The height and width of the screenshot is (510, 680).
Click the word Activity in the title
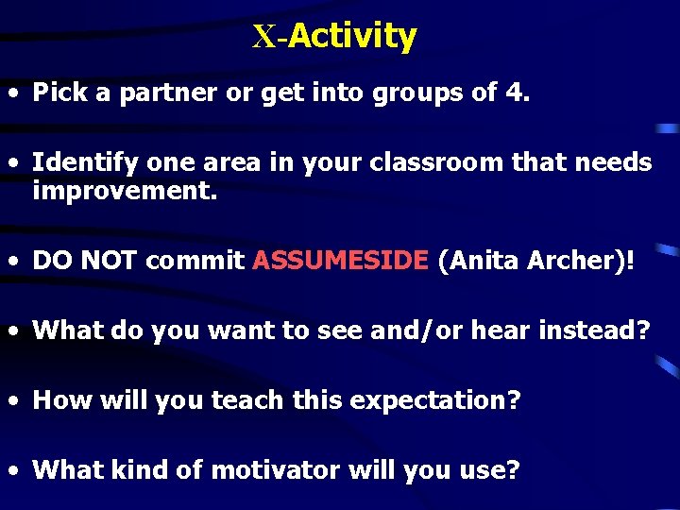pyautogui.click(x=352, y=36)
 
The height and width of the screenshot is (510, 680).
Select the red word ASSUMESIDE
pyautogui.click(x=340, y=261)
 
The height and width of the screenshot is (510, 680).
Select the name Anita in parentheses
pyautogui.click(x=479, y=261)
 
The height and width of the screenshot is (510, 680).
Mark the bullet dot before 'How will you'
pyautogui.click(x=14, y=401)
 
